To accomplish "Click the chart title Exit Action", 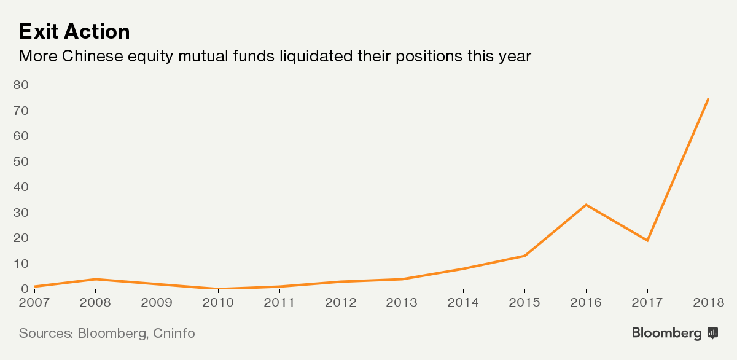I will [74, 31].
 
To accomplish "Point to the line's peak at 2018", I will [708, 99].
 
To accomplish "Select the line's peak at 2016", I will [586, 205].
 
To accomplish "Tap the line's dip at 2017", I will [647, 240].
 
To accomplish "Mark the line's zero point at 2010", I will [218, 289].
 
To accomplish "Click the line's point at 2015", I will [524, 256].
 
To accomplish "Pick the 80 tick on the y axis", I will [21, 85].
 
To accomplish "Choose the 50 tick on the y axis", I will [21, 162].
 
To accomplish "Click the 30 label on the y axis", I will [21, 213].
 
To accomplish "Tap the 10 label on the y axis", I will [21, 264].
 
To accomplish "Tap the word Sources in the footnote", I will [45, 334].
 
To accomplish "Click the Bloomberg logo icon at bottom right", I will [713, 333].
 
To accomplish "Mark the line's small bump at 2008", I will [95, 279].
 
